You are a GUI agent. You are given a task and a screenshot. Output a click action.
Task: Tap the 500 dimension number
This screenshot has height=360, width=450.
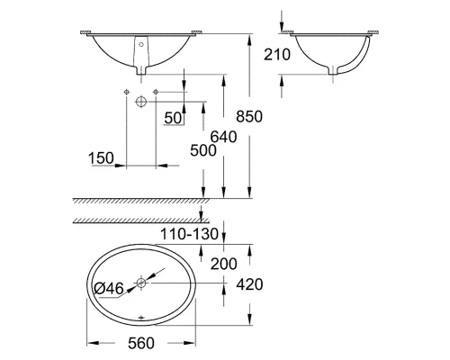tap(203, 150)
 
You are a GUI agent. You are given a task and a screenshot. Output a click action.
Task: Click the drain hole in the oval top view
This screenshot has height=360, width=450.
tap(141, 283)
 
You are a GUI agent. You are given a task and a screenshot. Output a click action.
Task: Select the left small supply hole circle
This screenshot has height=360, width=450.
tap(127, 93)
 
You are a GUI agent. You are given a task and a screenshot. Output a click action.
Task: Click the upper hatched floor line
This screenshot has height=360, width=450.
tap(139, 202)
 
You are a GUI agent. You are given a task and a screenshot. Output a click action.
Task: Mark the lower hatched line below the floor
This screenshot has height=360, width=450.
tap(139, 220)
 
